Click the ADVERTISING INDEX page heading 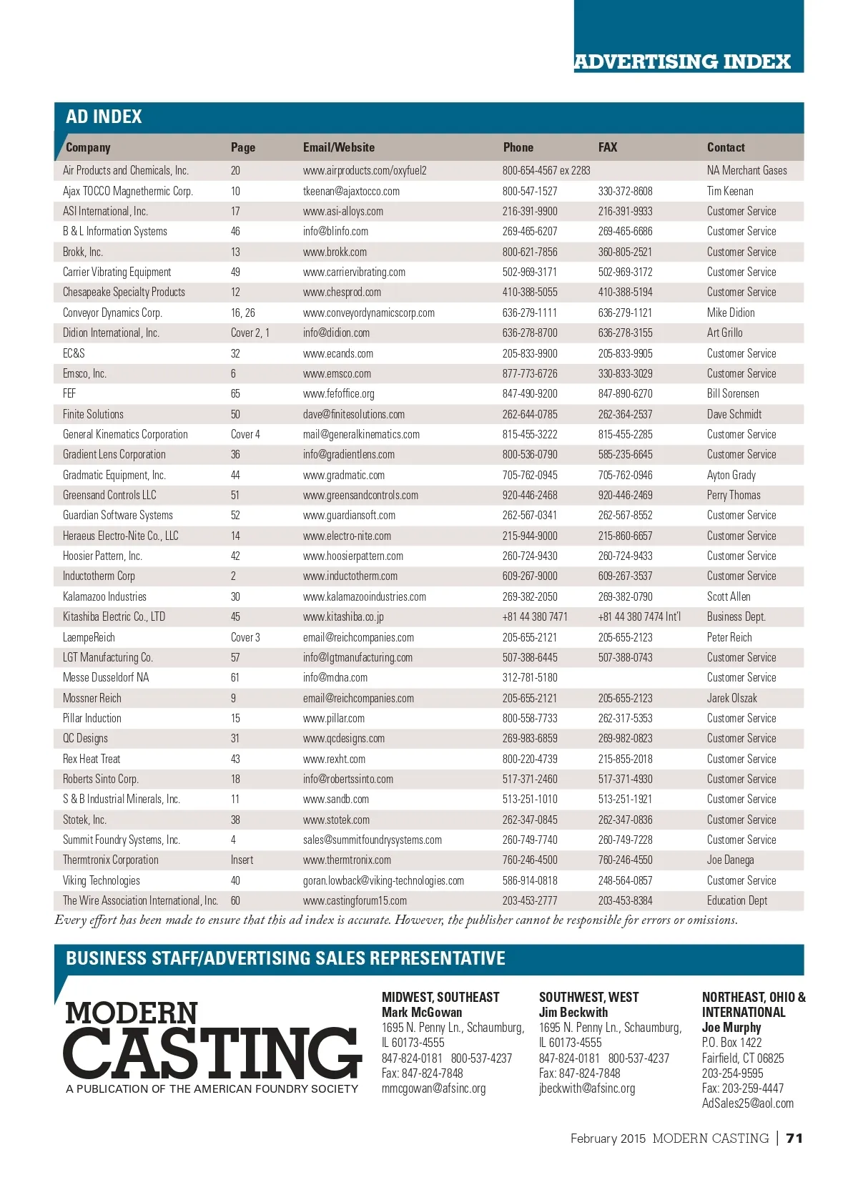(682, 62)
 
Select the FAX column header (607, 147)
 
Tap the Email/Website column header (338, 147)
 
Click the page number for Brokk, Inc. (235, 252)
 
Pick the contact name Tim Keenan (729, 191)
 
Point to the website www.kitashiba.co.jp (343, 616)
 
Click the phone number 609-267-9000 (530, 576)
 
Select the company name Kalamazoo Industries (104, 596)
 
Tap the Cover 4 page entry (245, 434)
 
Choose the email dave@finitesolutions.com (353, 414)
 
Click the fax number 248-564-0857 (625, 880)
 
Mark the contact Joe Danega (730, 860)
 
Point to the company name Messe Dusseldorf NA (106, 677)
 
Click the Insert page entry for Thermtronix (242, 860)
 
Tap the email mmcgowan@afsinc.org (433, 1088)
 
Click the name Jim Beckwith (573, 1012)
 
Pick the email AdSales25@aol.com (747, 1103)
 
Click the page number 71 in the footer (794, 1138)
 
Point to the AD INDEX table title (104, 117)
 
